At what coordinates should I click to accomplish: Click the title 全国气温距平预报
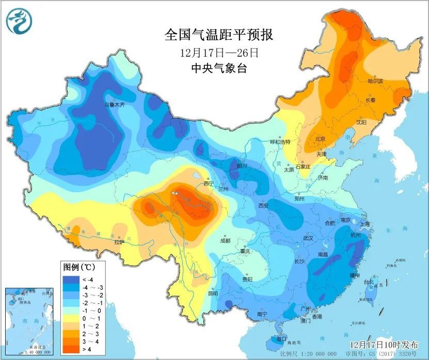tap(218, 35)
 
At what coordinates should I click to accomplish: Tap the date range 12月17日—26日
tap(218, 53)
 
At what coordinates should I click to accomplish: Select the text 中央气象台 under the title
tap(218, 68)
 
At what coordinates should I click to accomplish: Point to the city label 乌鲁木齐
tap(115, 104)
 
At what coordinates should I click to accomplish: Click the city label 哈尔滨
tap(375, 81)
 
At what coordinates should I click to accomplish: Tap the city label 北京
tap(320, 139)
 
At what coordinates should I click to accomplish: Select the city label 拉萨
tap(119, 241)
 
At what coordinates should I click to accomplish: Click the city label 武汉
tap(309, 238)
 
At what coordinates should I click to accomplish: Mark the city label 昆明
tap(213, 293)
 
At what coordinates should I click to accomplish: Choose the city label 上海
tap(365, 224)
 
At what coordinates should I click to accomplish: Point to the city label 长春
tap(371, 100)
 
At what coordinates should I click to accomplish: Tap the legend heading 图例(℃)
tap(77, 268)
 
